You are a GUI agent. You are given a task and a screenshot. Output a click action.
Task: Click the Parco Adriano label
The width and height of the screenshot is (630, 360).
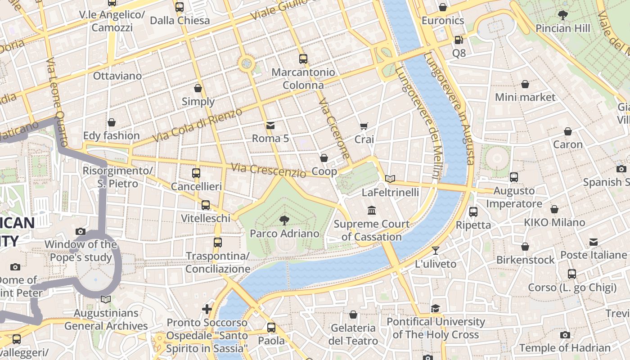[x=284, y=234]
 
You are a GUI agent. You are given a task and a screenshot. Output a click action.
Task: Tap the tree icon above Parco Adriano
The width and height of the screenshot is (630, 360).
[x=284, y=220]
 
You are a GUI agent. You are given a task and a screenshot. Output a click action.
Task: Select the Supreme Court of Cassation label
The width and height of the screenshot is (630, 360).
[x=372, y=230]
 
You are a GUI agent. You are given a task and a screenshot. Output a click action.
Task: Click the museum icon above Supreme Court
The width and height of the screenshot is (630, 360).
[x=372, y=211]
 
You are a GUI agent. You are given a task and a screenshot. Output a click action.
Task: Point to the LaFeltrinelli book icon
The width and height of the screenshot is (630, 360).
[x=390, y=179]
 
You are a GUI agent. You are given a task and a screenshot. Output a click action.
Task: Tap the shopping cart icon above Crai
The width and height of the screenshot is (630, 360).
[x=364, y=126]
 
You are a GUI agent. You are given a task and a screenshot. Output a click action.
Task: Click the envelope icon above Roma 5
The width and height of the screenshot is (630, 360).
[x=270, y=125]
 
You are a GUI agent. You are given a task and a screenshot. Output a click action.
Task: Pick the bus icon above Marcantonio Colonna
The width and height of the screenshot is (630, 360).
[x=303, y=59]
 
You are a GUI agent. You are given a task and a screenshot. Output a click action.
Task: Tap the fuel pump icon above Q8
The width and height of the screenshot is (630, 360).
[x=459, y=40]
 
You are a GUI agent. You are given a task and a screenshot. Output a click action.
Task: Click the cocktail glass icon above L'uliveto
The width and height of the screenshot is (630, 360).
[x=436, y=251]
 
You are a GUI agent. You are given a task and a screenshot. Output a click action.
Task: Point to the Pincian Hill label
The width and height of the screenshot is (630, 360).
[x=562, y=28]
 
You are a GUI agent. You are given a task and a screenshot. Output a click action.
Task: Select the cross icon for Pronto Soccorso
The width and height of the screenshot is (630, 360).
[x=207, y=309]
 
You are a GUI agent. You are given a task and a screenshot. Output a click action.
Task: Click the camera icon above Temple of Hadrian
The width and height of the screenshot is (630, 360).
[x=565, y=335]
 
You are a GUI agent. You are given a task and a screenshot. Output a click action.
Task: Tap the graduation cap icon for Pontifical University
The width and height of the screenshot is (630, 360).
[x=435, y=308]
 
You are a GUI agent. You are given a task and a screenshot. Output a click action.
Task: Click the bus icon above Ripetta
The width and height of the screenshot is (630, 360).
[x=473, y=211]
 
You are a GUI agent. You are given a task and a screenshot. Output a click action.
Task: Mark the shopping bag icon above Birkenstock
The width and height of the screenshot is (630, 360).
[x=525, y=247]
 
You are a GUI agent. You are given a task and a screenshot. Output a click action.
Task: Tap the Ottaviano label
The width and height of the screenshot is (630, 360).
[x=117, y=76]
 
